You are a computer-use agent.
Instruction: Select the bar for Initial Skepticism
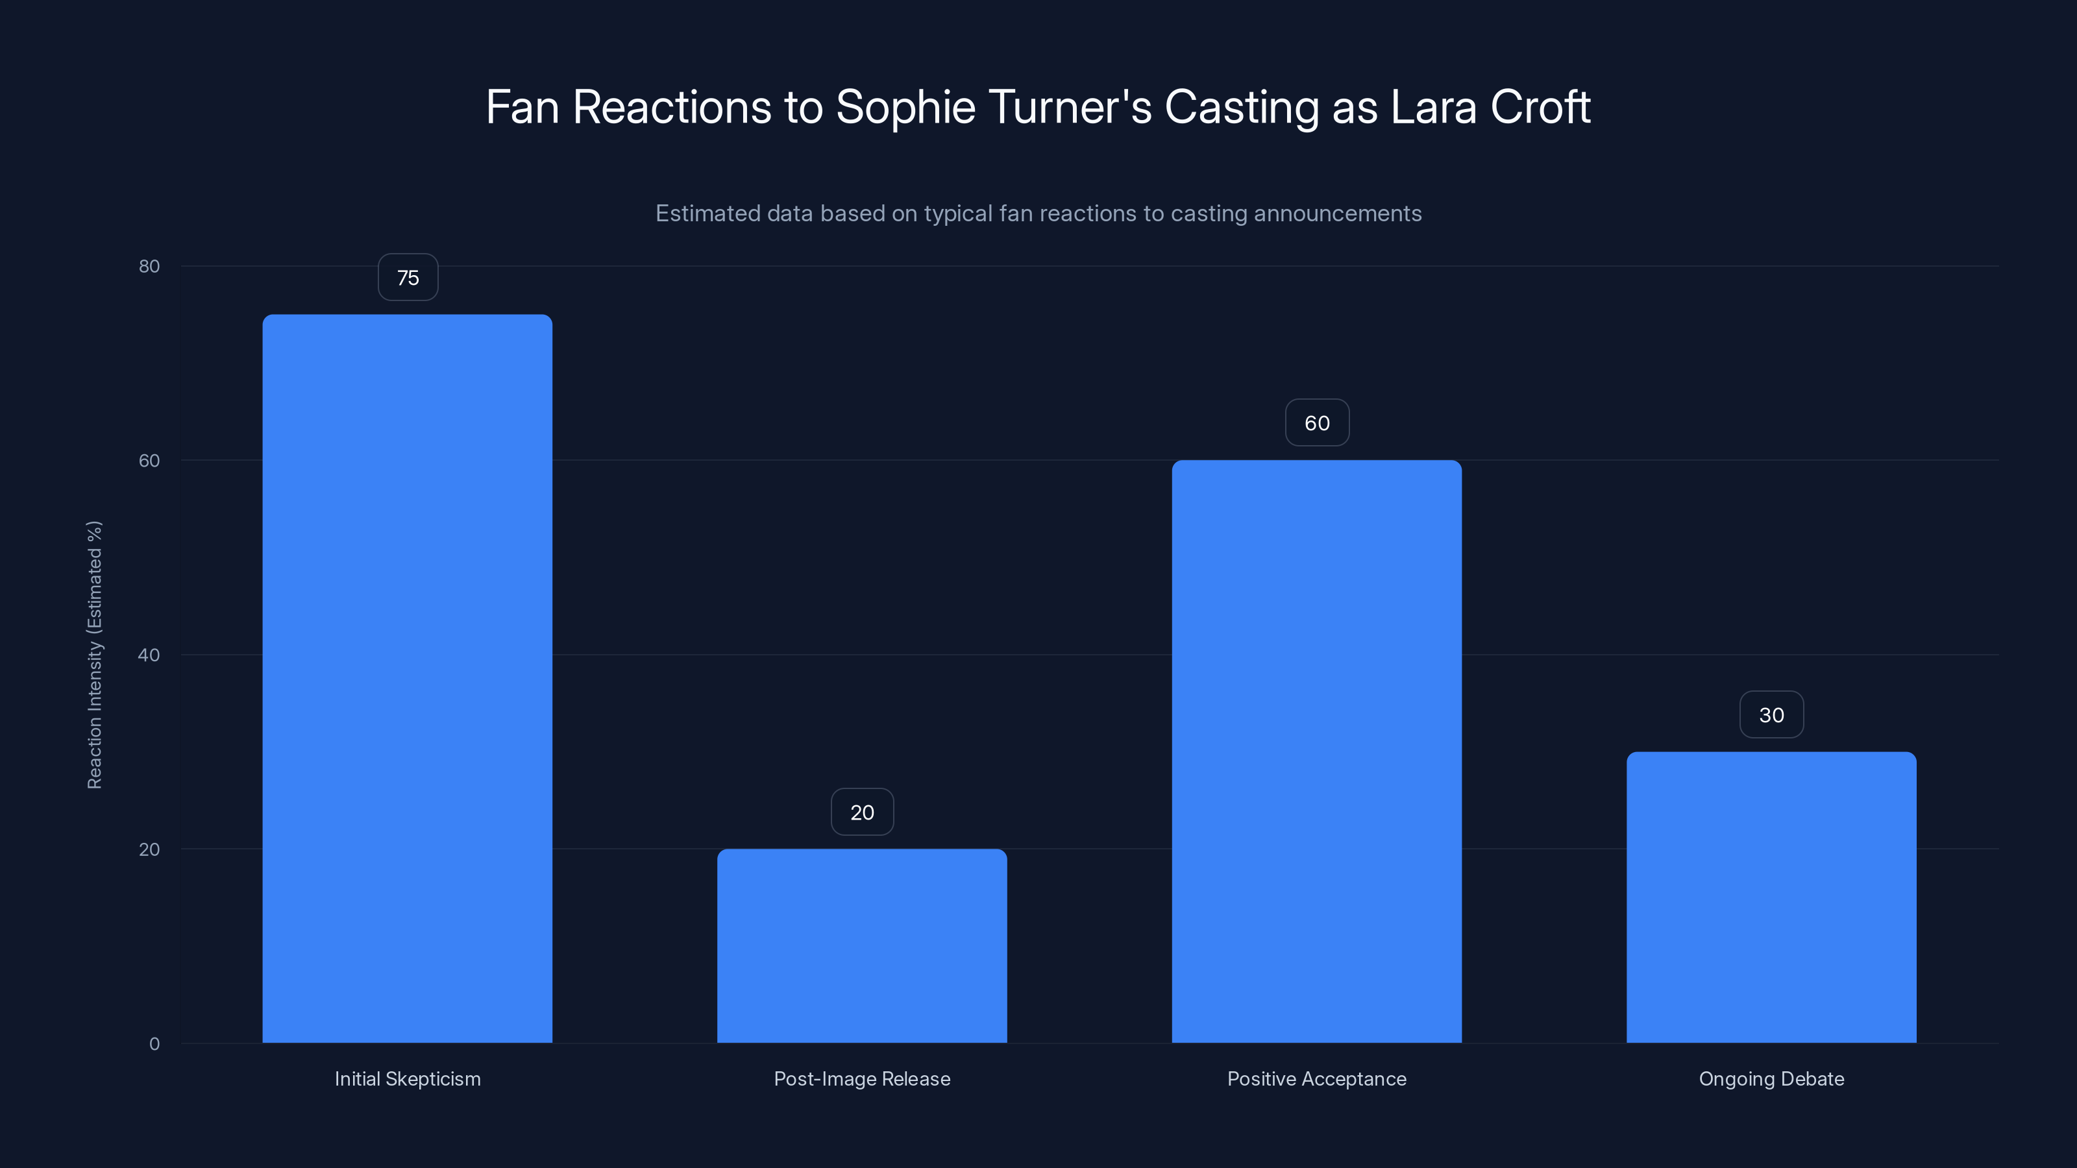click(x=407, y=678)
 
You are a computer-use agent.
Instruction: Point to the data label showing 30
click(x=1771, y=715)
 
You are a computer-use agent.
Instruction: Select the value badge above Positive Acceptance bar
click(x=1317, y=423)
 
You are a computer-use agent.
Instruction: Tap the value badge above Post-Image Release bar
click(x=862, y=812)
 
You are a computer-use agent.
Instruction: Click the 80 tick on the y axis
click(x=149, y=267)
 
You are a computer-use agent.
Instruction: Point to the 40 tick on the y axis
click(x=149, y=655)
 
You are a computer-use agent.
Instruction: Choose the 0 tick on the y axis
click(x=154, y=1044)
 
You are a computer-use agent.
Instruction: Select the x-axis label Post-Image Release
click(x=862, y=1079)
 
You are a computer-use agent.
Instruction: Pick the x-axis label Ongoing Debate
click(x=1771, y=1079)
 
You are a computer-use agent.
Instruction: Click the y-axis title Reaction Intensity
click(x=94, y=655)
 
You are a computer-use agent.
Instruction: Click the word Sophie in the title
click(x=905, y=108)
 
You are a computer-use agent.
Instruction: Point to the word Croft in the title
click(x=1540, y=108)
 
